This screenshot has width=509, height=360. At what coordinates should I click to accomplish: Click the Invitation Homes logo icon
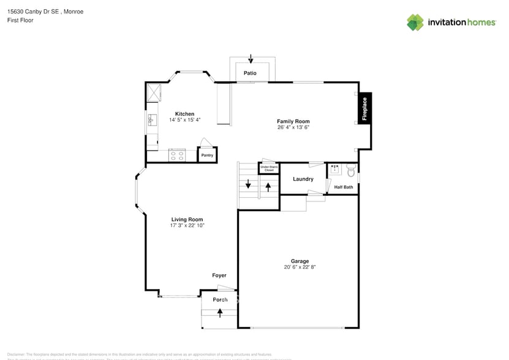(415, 23)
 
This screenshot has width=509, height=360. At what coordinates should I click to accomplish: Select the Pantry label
(207, 156)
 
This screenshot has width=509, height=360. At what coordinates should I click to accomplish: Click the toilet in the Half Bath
(350, 170)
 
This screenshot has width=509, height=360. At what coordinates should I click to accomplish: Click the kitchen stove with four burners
(177, 156)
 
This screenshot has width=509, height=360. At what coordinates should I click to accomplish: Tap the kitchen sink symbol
(151, 120)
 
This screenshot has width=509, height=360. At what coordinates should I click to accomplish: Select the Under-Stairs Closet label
(268, 168)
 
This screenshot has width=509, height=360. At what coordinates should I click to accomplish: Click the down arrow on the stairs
(248, 184)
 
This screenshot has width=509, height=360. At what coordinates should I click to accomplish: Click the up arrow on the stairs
(268, 186)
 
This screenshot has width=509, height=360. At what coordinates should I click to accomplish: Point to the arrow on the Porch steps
(219, 313)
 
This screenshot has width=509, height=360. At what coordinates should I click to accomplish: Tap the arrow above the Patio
(251, 59)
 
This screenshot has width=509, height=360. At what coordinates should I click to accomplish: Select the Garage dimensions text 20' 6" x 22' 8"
(300, 267)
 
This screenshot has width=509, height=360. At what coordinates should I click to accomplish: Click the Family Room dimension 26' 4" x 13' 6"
(293, 127)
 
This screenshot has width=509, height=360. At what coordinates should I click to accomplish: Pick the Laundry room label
(303, 179)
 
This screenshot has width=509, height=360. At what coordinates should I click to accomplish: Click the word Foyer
(219, 276)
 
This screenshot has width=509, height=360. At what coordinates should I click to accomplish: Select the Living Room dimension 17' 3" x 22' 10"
(187, 225)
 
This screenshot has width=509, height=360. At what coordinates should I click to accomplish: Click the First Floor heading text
(20, 20)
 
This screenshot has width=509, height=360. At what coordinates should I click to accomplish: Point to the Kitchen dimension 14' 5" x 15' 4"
(185, 120)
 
